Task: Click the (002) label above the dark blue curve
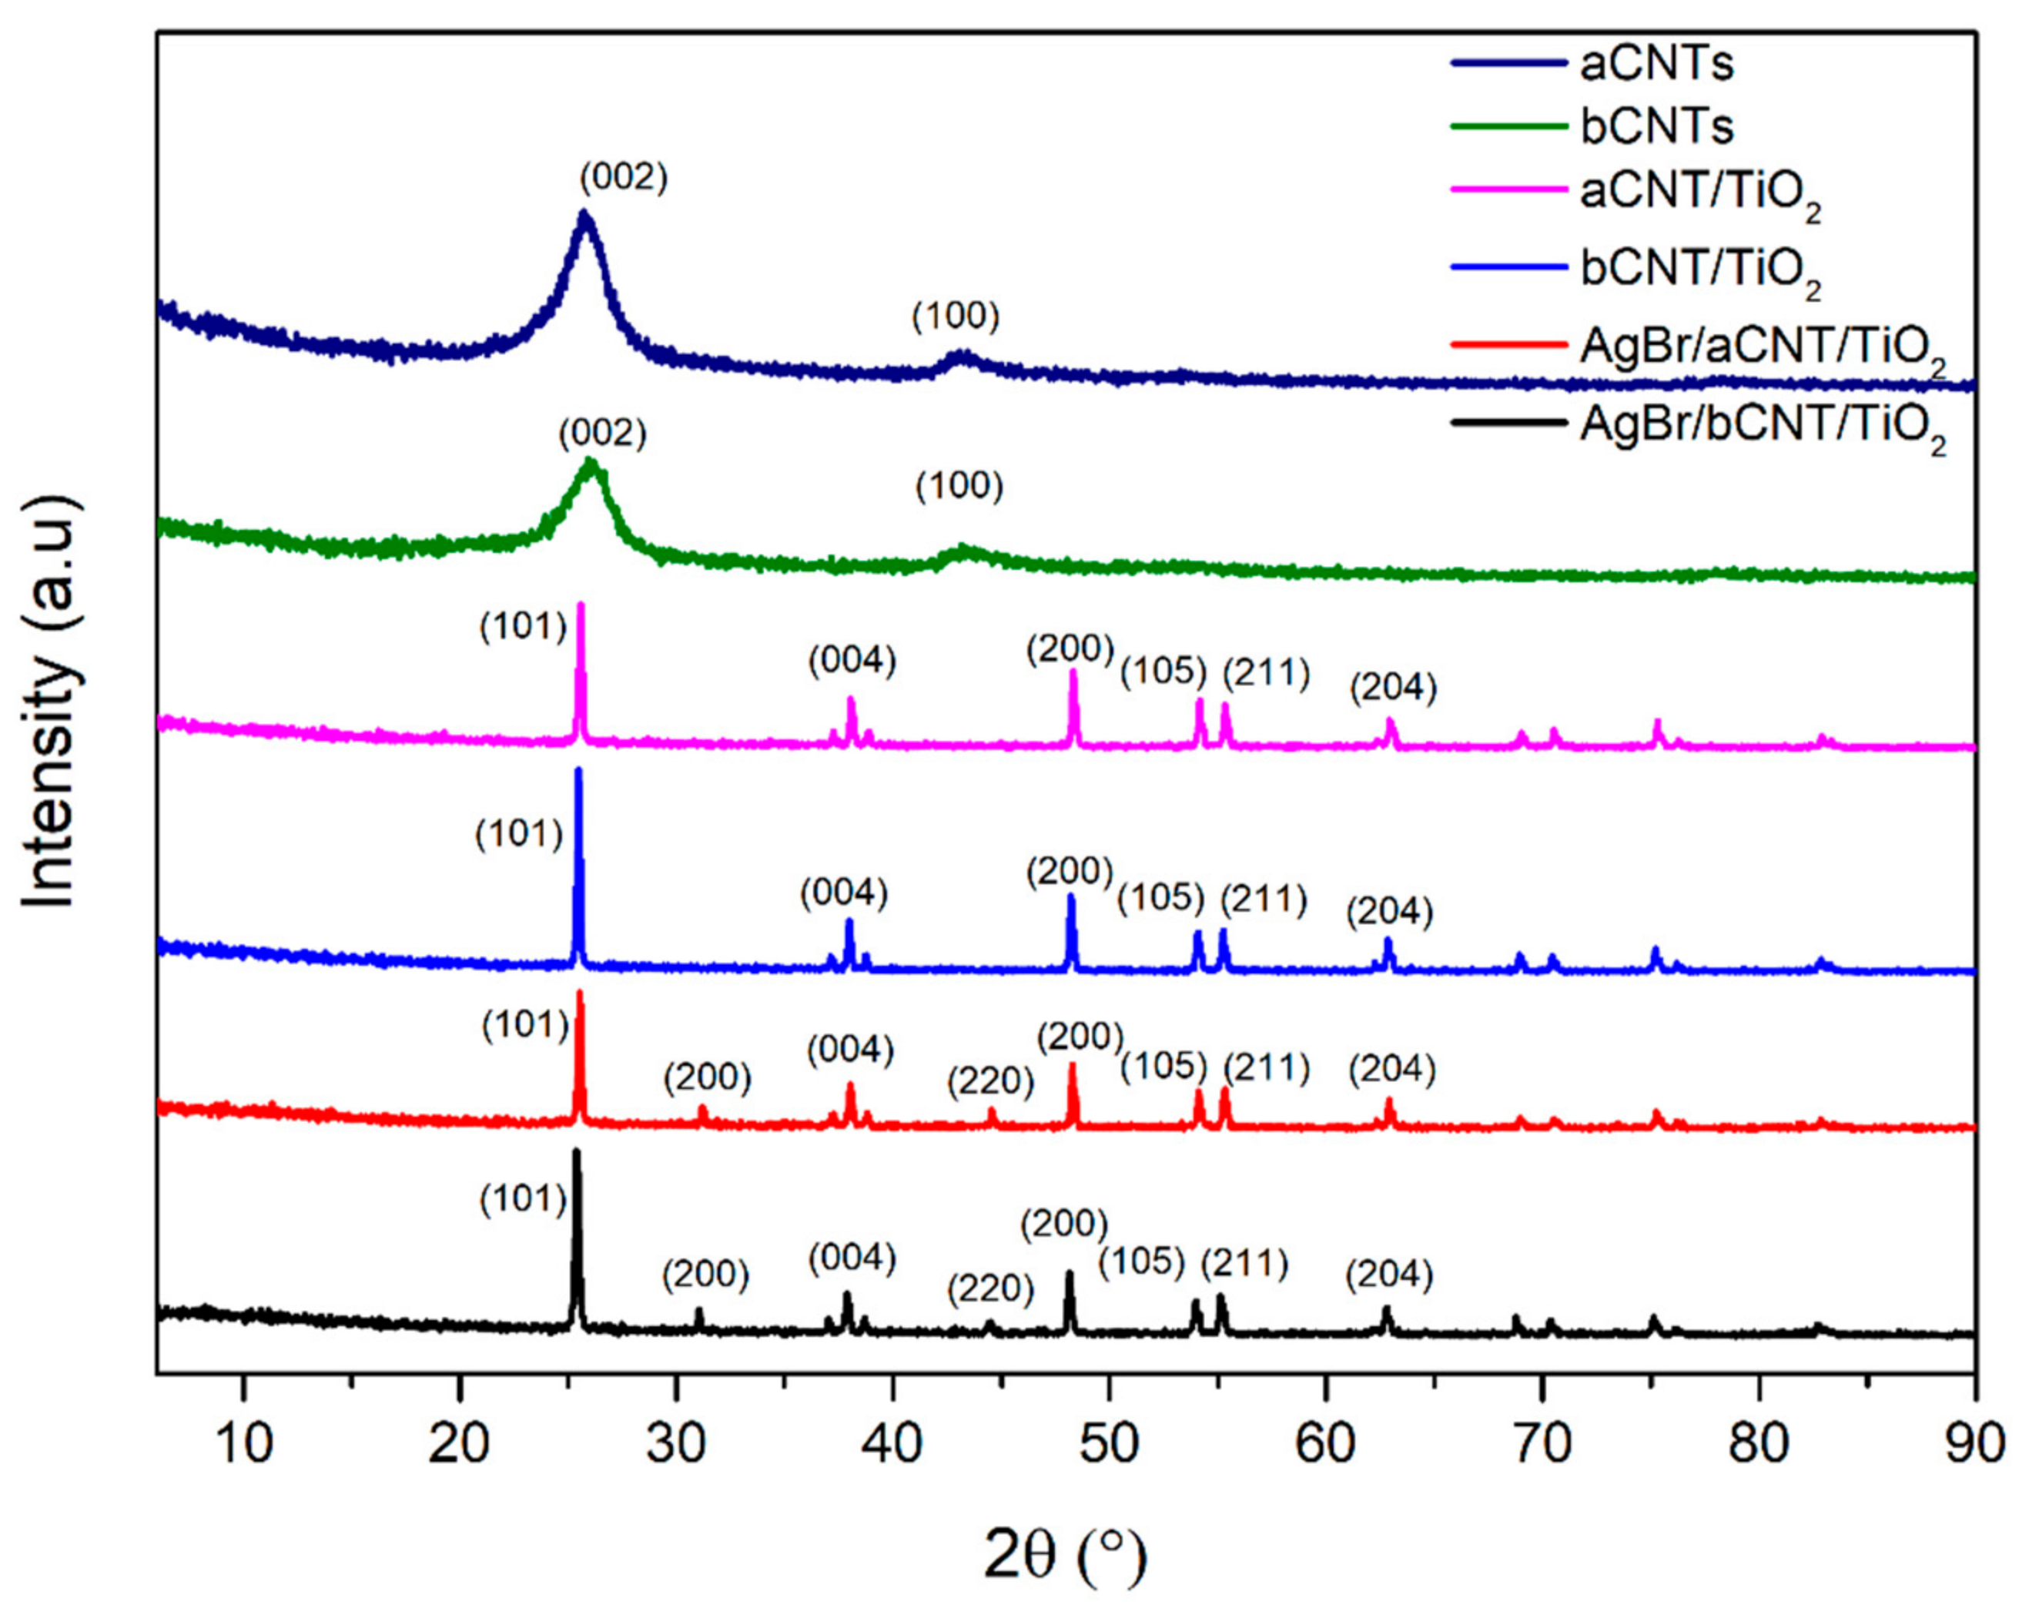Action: [624, 176]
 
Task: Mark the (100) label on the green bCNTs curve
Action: [959, 486]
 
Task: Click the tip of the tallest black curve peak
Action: [576, 1152]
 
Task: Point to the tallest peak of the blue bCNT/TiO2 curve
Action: [578, 772]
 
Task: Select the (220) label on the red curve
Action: [990, 1081]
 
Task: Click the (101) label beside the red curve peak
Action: [526, 1025]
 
